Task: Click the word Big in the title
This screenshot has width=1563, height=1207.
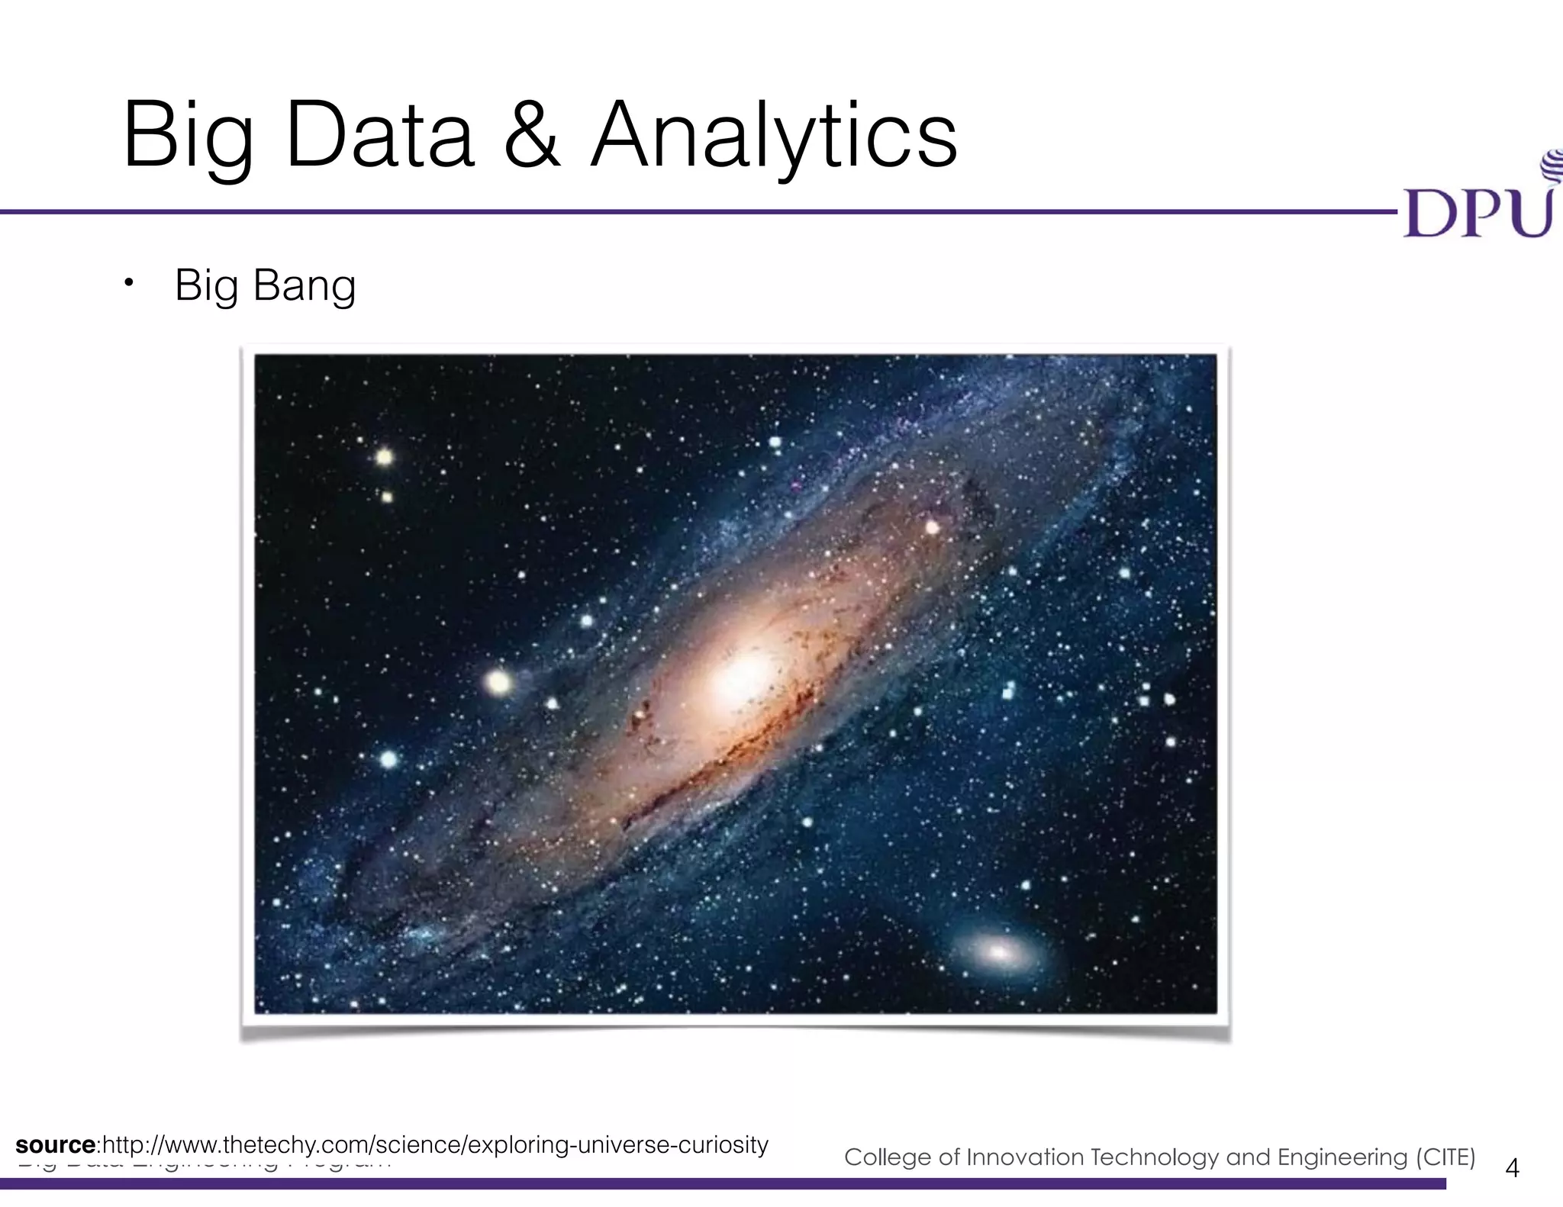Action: click(188, 137)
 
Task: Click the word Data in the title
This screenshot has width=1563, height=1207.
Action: click(380, 137)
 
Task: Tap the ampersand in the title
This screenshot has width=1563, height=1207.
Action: click(532, 137)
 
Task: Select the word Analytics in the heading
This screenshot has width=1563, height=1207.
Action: click(774, 137)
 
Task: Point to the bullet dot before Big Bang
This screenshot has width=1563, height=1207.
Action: click(129, 284)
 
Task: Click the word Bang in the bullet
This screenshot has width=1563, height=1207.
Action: click(304, 286)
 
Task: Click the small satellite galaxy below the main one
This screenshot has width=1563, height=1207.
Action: click(998, 951)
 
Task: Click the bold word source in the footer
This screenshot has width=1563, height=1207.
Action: click(55, 1145)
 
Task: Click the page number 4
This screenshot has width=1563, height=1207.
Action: click(1512, 1168)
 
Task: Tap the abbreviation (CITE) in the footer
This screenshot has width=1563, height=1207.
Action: click(1445, 1157)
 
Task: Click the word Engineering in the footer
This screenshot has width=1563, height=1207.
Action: click(1342, 1157)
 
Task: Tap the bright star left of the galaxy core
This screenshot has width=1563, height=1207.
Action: click(498, 681)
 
